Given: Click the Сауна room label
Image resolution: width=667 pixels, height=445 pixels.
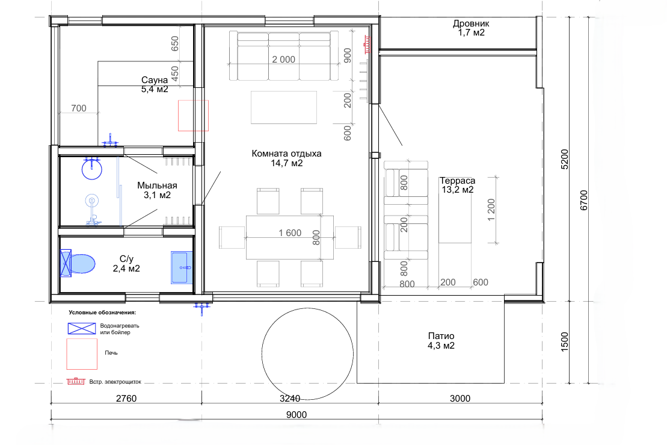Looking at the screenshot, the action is tap(155, 79).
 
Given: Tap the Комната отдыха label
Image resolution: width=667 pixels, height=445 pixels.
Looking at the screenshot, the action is tap(286, 154).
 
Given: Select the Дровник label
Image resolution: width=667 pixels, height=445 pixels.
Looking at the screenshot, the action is tap(471, 23).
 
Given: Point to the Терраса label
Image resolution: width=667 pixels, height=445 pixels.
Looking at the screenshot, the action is tap(457, 181).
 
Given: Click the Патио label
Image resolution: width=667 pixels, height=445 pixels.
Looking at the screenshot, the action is tap(441, 336).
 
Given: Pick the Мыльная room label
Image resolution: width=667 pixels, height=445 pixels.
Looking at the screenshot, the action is tap(157, 185).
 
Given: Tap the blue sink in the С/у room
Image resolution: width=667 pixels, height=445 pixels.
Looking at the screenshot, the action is tap(182, 267).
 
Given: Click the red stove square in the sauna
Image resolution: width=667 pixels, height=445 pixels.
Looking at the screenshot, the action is tap(193, 116).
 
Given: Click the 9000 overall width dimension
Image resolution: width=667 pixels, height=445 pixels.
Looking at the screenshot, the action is tap(297, 414).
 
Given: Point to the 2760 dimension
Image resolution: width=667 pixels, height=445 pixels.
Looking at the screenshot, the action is tap(126, 398).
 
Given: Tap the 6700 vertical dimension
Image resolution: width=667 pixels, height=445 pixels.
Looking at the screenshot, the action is tap(584, 200).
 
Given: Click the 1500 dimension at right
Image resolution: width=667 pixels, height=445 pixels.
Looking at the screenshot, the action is tap(565, 342).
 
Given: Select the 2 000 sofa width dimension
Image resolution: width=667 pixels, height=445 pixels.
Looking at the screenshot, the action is tap(284, 59).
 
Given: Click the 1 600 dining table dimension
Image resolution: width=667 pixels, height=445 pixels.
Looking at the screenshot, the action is tap(290, 232).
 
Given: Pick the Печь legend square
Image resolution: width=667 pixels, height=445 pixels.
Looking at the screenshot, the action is tap(82, 354).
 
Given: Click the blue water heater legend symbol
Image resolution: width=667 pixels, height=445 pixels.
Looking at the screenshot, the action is tap(82, 328).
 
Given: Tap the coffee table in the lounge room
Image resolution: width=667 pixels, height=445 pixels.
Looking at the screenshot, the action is tap(284, 107).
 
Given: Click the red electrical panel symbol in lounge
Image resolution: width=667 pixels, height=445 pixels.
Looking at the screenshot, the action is tap(366, 45).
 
